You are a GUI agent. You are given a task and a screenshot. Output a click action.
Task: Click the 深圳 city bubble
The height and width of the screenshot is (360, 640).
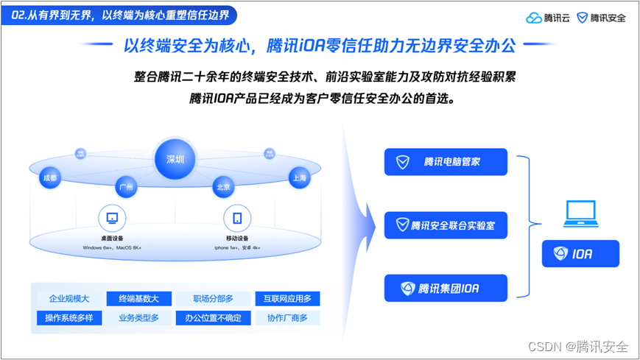(x=175, y=158)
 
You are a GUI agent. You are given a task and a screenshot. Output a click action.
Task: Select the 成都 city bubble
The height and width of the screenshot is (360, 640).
(x=50, y=177)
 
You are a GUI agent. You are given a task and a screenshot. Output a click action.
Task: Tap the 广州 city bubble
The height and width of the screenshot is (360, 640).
(x=127, y=187)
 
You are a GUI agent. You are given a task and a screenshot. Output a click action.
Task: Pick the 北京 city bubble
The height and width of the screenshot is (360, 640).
(x=223, y=187)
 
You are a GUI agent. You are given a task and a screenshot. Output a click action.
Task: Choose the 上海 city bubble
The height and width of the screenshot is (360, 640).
(x=299, y=177)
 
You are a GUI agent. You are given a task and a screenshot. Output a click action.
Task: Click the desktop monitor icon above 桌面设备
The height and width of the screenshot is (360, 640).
(x=112, y=218)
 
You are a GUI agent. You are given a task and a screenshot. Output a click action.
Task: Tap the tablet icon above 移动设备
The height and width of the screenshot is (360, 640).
(x=237, y=218)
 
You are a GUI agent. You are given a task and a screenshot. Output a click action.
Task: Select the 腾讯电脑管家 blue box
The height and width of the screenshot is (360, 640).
(x=446, y=162)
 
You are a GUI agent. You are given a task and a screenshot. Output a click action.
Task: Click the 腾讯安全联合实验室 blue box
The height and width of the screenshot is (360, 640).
(x=446, y=225)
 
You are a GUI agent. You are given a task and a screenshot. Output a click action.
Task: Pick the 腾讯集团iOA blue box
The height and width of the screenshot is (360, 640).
(x=446, y=288)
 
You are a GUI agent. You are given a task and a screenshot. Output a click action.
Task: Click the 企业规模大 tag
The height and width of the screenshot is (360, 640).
(x=69, y=299)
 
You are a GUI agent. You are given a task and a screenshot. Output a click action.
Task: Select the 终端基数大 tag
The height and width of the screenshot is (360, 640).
(x=138, y=299)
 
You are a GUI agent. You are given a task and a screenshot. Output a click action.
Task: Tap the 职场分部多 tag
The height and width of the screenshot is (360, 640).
(x=213, y=299)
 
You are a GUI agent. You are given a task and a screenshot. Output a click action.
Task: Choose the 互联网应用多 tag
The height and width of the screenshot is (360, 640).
(x=287, y=299)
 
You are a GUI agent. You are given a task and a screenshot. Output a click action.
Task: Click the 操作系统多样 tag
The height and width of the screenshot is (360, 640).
(x=69, y=318)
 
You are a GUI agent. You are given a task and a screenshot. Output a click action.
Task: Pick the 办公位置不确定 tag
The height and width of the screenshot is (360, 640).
(x=213, y=318)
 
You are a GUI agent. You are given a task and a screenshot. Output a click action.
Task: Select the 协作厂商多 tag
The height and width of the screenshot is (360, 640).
(x=287, y=318)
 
